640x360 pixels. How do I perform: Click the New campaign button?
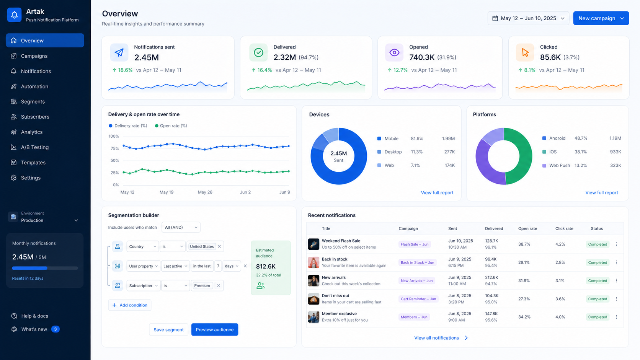pyautogui.click(x=601, y=18)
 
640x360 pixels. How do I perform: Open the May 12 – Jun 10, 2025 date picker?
pyautogui.click(x=528, y=18)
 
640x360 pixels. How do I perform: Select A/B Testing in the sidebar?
pyautogui.click(x=34, y=147)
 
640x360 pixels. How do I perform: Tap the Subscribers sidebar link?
pyautogui.click(x=35, y=117)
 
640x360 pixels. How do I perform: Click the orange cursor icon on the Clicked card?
pyautogui.click(x=525, y=52)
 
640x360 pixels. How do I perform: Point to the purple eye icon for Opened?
pyautogui.click(x=394, y=52)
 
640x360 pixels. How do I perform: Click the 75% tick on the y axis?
pyautogui.click(x=114, y=148)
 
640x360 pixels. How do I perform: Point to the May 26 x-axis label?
pyautogui.click(x=205, y=192)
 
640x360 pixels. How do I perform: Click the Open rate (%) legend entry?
pyautogui.click(x=171, y=125)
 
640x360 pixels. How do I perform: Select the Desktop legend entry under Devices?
pyautogui.click(x=390, y=152)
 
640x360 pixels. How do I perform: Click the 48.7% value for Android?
pyautogui.click(x=581, y=138)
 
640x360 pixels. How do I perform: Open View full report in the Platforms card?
pyautogui.click(x=601, y=193)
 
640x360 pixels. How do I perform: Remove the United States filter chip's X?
pyautogui.click(x=219, y=246)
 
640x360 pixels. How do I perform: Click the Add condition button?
pyautogui.click(x=130, y=305)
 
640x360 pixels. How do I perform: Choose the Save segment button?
pyautogui.click(x=168, y=330)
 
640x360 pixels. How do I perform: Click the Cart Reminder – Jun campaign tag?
pyautogui.click(x=418, y=299)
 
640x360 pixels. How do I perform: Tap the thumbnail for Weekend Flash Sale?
pyautogui.click(x=313, y=244)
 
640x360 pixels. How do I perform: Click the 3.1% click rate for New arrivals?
pyautogui.click(x=560, y=281)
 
